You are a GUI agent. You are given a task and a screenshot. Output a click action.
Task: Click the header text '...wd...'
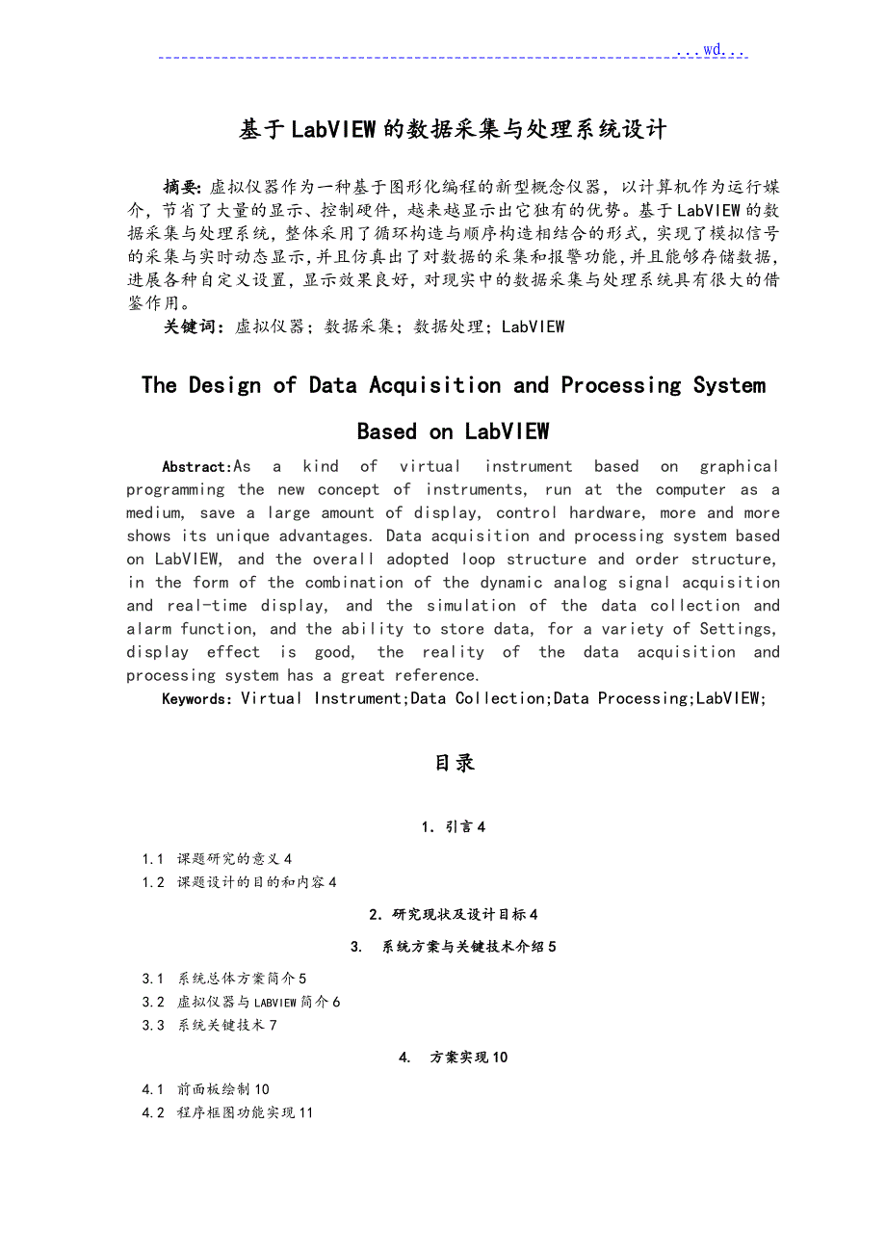tap(711, 50)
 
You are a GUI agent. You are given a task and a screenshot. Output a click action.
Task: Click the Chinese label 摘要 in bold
tap(182, 187)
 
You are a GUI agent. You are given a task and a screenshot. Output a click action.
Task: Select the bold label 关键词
tap(195, 327)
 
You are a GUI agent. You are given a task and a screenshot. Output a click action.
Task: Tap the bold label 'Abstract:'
tap(197, 467)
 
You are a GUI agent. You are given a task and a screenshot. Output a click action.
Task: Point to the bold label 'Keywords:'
tap(197, 699)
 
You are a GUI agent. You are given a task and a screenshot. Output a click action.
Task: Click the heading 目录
tap(455, 763)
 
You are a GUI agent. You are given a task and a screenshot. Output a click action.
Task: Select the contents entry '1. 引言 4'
tap(454, 826)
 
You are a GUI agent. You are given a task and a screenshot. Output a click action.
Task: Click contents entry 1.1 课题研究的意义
tap(217, 858)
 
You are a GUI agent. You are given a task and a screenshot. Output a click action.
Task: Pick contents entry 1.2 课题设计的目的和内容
tap(239, 882)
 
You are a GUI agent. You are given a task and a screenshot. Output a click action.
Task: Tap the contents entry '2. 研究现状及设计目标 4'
tap(454, 914)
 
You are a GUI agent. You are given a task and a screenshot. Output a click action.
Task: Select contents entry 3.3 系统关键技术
tap(209, 1025)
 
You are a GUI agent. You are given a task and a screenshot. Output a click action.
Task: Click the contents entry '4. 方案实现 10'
tap(454, 1058)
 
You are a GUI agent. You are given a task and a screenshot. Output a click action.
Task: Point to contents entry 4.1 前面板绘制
tap(206, 1089)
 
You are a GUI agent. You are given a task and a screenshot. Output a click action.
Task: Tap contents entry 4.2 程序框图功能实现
tap(227, 1112)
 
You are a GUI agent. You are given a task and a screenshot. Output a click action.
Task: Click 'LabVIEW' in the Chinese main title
tap(333, 130)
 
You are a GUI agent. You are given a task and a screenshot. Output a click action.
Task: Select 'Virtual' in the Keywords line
tap(272, 699)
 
